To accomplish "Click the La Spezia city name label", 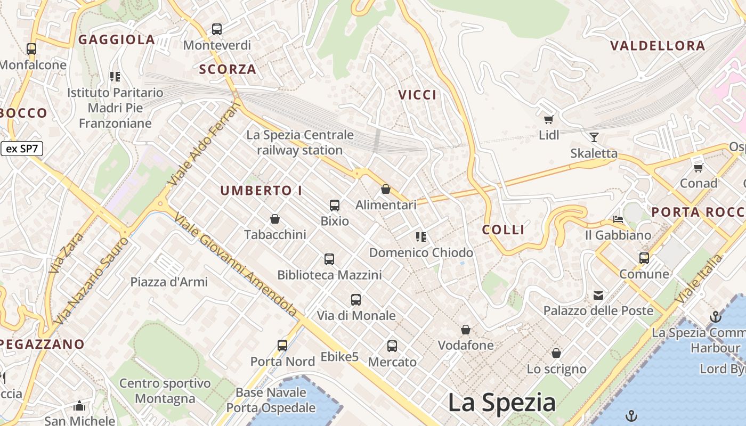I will pos(501,403).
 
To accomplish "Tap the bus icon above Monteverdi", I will pos(217,29).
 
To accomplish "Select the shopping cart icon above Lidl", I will pos(548,119).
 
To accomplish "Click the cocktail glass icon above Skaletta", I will pos(594,137).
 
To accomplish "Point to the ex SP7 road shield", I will pos(22,149).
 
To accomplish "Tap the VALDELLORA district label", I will pos(658,46).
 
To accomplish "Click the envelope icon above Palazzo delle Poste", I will pos(598,295).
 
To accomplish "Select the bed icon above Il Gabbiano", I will pos(618,219).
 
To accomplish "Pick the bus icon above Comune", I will pos(644,258).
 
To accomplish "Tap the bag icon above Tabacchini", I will pos(275,219).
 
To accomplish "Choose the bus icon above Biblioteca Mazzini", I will pos(329,259).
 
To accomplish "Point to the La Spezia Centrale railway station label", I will pos(299,143).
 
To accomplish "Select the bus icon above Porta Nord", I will pos(282,346).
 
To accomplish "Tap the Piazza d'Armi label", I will pos(169,282).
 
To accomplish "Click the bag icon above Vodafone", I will pos(466,330).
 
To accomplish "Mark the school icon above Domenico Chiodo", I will pos(421,236).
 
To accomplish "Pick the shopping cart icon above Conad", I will pos(698,168).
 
